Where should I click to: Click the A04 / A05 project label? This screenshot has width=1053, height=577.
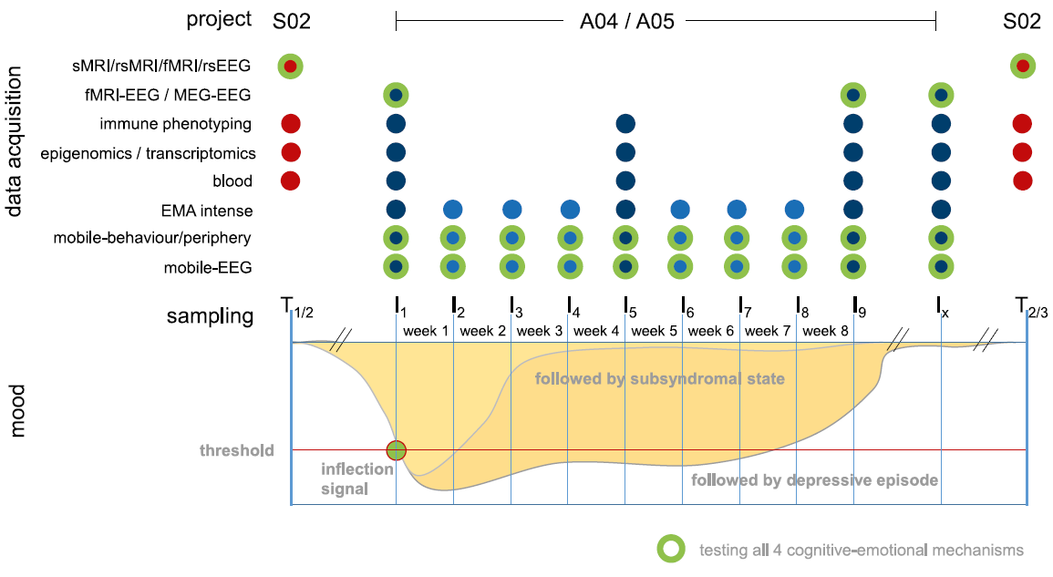coord(627,21)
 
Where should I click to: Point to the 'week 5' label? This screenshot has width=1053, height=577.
coord(654,330)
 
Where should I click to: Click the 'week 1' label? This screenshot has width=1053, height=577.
coord(425,330)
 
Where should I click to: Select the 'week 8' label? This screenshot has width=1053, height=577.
coord(825,330)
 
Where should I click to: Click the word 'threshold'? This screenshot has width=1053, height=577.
coord(237,450)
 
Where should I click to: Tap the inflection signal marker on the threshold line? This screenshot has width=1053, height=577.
coord(396,449)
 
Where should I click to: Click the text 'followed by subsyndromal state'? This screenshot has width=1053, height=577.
coord(659,378)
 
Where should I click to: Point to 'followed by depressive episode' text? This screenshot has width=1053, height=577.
coord(815,479)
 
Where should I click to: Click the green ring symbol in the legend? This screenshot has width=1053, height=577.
coord(671,549)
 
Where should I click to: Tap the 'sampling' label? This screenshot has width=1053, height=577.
coord(210,316)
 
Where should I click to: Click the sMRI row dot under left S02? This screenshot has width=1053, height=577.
coord(290,66)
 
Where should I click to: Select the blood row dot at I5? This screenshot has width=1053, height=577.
coord(625,180)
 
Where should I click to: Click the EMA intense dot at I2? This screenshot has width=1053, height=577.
coord(453,210)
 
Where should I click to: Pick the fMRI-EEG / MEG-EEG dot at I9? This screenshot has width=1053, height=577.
coord(853,94)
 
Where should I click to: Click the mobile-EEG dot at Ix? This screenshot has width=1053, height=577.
coord(941,267)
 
